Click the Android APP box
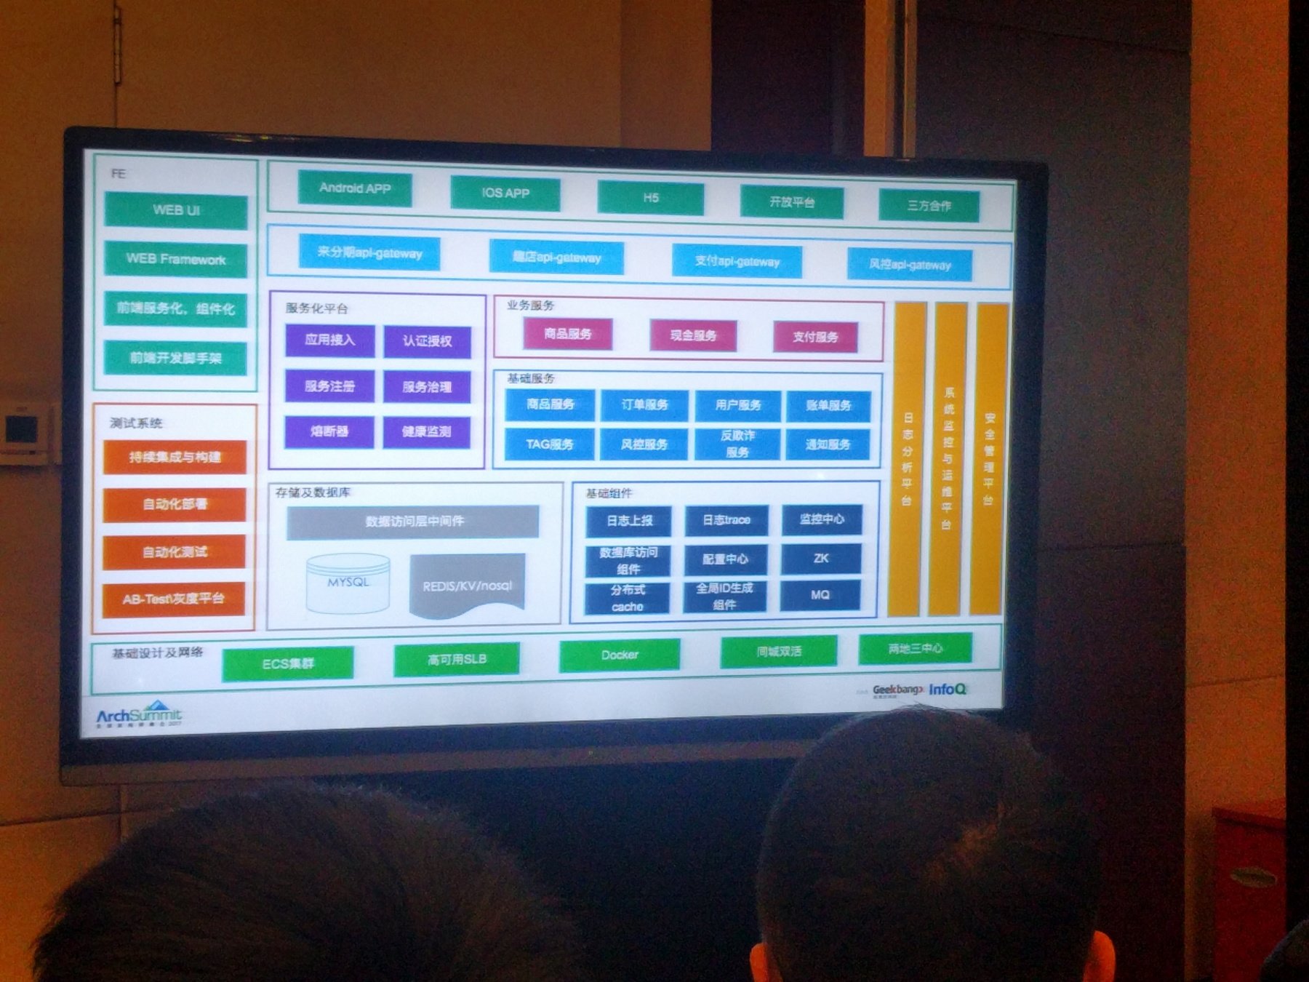coord(355,188)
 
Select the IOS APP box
coord(505,193)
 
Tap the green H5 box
coord(651,198)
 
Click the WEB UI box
coord(176,211)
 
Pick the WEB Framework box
coord(176,259)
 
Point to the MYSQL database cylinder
coord(348,583)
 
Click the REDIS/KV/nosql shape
coord(468,585)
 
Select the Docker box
coord(620,655)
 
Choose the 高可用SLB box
coord(457,660)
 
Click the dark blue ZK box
coord(821,559)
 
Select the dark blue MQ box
coord(820,595)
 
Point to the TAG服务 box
coord(550,444)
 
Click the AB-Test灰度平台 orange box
coord(174,599)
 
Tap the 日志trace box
coord(726,520)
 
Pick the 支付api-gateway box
coord(737,261)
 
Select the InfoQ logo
coord(947,689)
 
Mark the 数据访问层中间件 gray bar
coord(414,522)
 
